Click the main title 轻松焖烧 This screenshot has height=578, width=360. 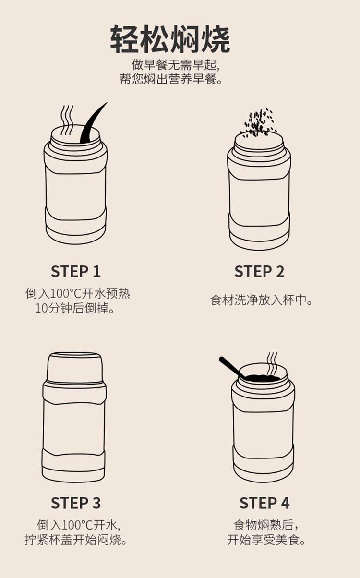(170, 39)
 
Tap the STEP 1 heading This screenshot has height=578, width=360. (76, 271)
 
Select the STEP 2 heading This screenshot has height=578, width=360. (259, 271)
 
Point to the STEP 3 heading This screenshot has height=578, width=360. (76, 503)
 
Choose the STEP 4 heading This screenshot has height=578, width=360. (264, 503)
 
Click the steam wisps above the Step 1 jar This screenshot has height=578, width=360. (67, 120)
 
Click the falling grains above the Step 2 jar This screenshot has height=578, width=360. (259, 122)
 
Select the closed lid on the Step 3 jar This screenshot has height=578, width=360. (75, 366)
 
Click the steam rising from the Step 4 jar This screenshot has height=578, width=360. (272, 364)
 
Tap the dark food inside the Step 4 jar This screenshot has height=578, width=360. (262, 378)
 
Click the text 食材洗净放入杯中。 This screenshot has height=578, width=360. (262, 300)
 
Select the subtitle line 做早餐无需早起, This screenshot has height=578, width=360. (176, 64)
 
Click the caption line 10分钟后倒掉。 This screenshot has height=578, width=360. (75, 308)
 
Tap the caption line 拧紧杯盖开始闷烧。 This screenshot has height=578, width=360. (76, 540)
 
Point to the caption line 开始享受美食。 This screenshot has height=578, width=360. (266, 540)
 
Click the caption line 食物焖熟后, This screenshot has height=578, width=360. (266, 525)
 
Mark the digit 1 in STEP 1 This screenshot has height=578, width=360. (96, 271)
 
